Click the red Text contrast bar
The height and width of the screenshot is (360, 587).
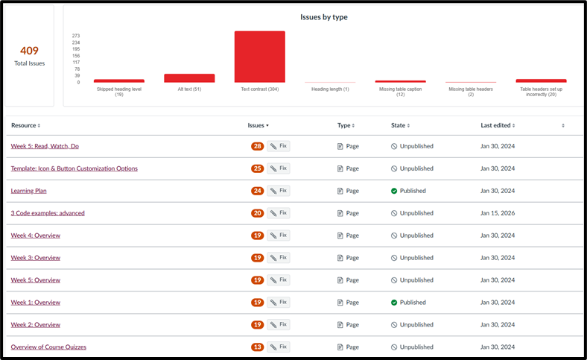point(260,57)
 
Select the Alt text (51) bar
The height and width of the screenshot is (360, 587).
point(189,78)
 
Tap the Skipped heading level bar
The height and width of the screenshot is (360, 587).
point(119,81)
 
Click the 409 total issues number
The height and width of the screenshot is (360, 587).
point(29,51)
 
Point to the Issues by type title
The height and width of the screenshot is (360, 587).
point(324,17)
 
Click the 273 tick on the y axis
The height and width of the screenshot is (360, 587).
point(76,36)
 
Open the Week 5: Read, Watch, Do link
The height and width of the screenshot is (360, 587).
point(45,146)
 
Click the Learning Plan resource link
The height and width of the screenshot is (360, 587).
point(29,191)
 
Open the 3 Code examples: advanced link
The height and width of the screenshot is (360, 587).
point(48,213)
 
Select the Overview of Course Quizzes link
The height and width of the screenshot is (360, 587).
point(48,347)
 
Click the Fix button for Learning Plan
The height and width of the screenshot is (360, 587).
point(279,191)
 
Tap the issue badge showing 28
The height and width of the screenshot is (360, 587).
point(258,146)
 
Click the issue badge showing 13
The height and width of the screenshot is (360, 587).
point(258,347)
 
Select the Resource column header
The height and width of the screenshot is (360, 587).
point(25,125)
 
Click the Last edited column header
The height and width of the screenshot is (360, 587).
point(498,125)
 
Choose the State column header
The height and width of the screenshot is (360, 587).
point(401,125)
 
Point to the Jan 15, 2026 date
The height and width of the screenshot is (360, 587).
point(498,213)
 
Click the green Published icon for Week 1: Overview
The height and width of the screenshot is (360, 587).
point(394,303)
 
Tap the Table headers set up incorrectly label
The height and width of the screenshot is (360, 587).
point(542,92)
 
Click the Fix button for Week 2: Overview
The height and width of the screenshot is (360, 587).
point(279,324)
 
